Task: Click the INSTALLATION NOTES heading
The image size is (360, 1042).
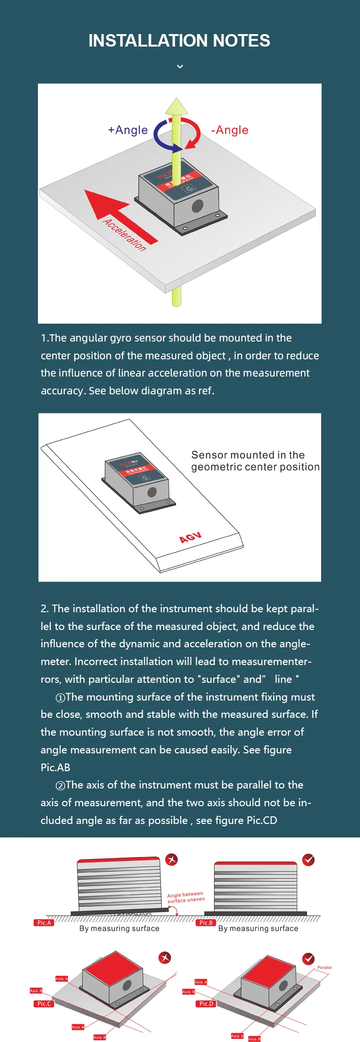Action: tap(179, 41)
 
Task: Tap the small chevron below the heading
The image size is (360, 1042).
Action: tap(180, 66)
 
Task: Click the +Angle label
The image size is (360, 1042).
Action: tap(128, 130)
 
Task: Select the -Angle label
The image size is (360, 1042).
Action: tap(230, 130)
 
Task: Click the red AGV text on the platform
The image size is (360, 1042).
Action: tap(190, 537)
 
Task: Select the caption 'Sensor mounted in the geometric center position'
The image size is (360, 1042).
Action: tap(255, 461)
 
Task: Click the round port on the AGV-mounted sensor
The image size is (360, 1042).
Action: tap(152, 492)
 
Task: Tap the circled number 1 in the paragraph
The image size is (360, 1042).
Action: tap(60, 698)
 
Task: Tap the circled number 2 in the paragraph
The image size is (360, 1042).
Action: tap(60, 786)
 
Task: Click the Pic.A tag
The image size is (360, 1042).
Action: tap(44, 922)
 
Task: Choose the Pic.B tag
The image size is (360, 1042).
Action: tap(206, 922)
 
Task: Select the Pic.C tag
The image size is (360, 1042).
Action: tap(44, 1004)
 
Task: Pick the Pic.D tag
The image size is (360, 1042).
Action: tap(206, 1004)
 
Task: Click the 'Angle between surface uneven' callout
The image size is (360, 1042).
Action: tap(186, 897)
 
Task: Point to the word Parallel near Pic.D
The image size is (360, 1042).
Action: tap(324, 968)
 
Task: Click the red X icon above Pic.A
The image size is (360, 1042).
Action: tap(171, 860)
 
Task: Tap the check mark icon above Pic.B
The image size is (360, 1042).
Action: tap(309, 860)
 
